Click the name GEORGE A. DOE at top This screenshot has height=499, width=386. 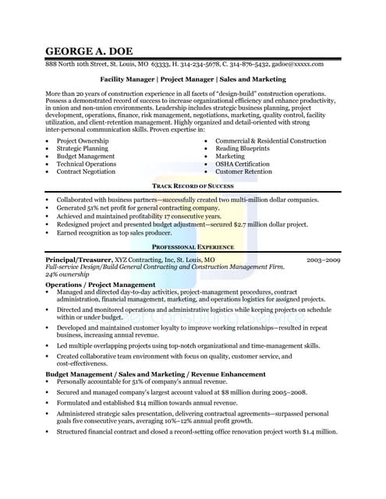[90, 51]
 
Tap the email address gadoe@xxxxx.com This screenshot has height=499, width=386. [296, 64]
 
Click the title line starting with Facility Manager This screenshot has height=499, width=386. [193, 79]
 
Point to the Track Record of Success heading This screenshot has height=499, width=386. [193, 186]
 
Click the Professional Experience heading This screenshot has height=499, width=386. [193, 246]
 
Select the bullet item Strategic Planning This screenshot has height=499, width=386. [82, 148]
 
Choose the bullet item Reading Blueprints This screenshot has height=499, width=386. [243, 148]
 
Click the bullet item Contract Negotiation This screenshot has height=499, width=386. [86, 172]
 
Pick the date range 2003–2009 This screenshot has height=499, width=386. [323, 258]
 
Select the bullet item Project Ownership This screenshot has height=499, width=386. [82, 140]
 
